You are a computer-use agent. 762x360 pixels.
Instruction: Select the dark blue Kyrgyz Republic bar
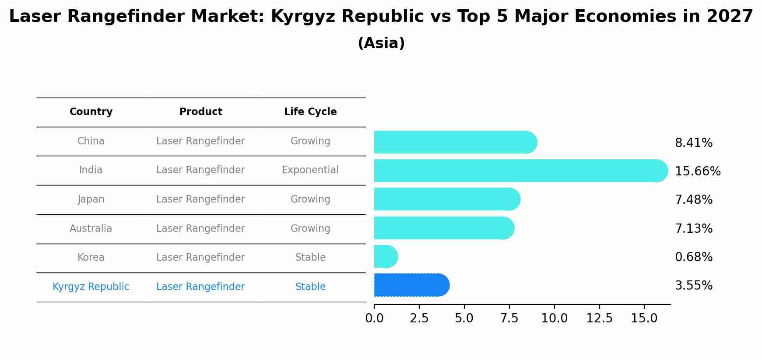pos(411,285)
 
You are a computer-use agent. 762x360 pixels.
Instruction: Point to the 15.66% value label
pos(698,171)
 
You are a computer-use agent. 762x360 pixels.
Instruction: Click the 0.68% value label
pos(694,257)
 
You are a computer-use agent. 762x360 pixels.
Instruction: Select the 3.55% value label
pos(694,286)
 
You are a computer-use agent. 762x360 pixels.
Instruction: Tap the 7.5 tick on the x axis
pos(509,318)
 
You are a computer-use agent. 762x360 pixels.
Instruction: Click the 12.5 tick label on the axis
pos(599,318)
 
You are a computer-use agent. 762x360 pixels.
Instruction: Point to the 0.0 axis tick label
pos(374,318)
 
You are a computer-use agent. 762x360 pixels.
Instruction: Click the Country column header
pos(91,112)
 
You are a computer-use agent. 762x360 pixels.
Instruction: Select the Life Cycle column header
pos(310,112)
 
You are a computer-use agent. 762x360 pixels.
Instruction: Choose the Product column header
pos(200,112)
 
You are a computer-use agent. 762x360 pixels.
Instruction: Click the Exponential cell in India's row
pos(310,170)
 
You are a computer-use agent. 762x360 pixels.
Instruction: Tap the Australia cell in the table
pos(91,228)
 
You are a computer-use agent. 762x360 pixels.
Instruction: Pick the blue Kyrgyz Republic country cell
pos(91,287)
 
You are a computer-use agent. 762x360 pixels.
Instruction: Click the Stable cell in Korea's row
pos(310,257)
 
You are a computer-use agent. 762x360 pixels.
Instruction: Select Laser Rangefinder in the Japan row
pos(200,199)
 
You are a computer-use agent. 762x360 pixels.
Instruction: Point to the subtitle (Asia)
pos(381,43)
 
